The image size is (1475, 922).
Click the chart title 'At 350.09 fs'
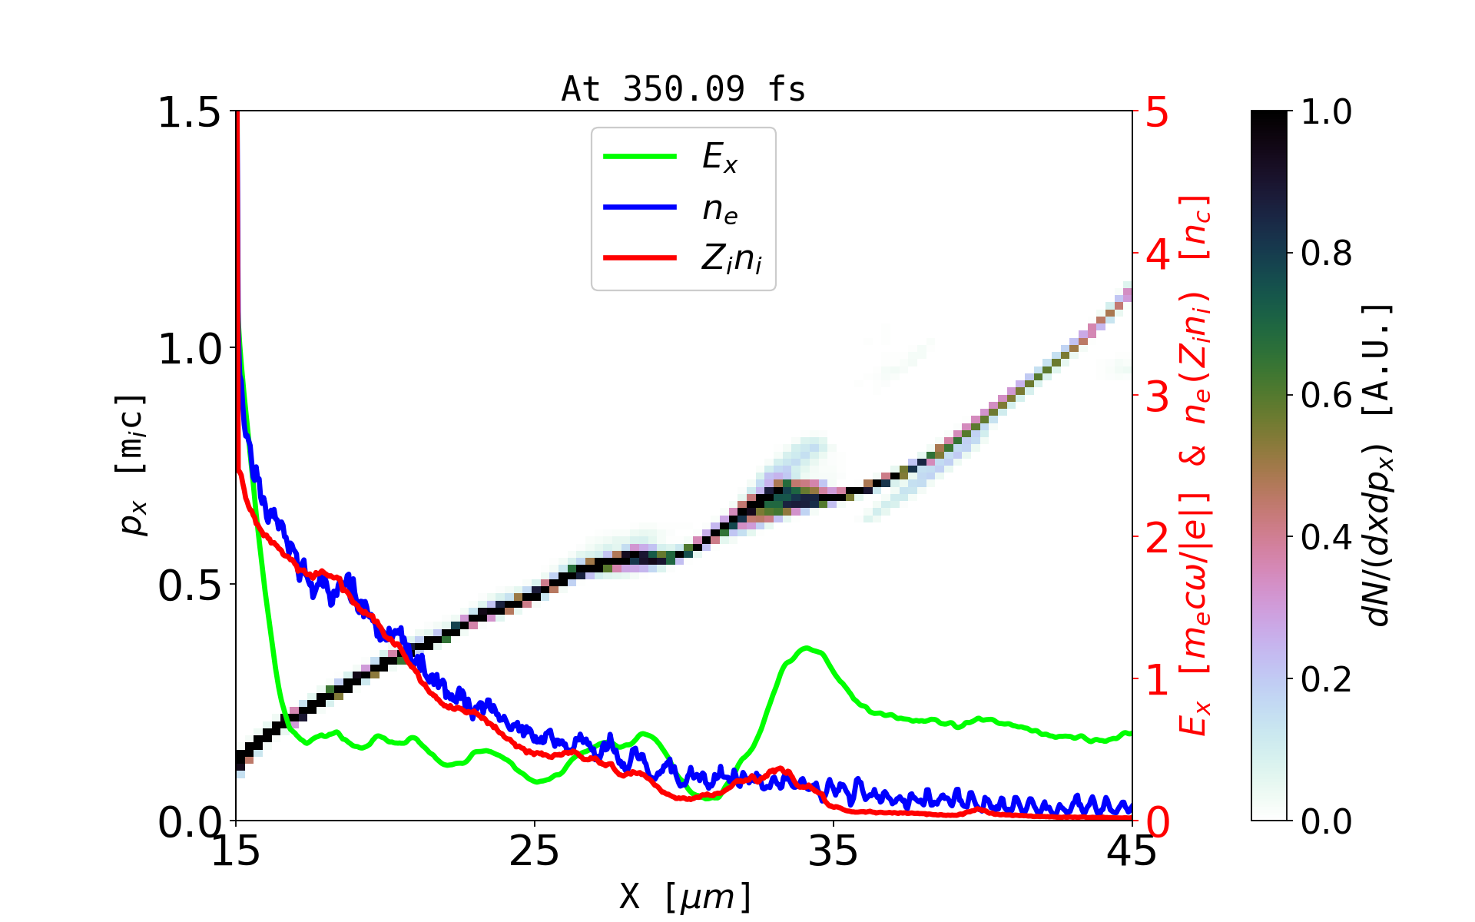pyautogui.click(x=683, y=90)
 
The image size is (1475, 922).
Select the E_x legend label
pyautogui.click(x=720, y=158)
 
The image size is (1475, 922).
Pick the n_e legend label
pyautogui.click(x=720, y=209)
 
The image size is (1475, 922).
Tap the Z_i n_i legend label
pyautogui.click(x=731, y=259)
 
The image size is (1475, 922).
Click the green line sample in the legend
pyautogui.click(x=640, y=157)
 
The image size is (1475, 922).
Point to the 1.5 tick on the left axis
pyautogui.click(x=189, y=113)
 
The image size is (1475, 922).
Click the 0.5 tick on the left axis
pyautogui.click(x=189, y=586)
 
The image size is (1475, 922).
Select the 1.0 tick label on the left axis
pyautogui.click(x=189, y=350)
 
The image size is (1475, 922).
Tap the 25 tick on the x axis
pyautogui.click(x=535, y=851)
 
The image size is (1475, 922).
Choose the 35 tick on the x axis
pyautogui.click(x=834, y=851)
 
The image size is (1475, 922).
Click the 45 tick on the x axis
pyautogui.click(x=1132, y=851)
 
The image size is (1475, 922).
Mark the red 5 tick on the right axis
pyautogui.click(x=1157, y=113)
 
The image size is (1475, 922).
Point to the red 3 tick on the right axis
pyautogui.click(x=1157, y=397)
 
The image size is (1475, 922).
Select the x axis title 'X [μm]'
pyautogui.click(x=685, y=896)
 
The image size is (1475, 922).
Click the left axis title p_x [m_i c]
pyautogui.click(x=132, y=466)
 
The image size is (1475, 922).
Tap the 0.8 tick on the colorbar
pyautogui.click(x=1326, y=254)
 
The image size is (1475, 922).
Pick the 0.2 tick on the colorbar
pyautogui.click(x=1326, y=679)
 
